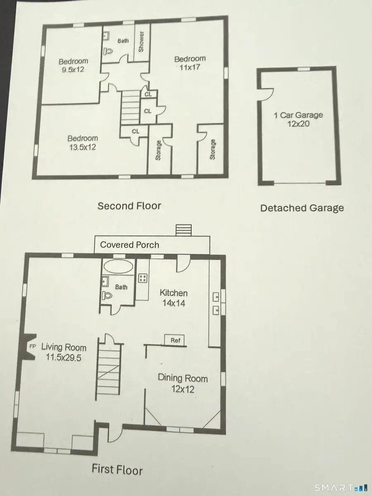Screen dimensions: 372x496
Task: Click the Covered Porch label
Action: pos(129,245)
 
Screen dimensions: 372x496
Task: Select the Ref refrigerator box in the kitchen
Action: pos(174,340)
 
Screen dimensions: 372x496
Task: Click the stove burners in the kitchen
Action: pos(143,278)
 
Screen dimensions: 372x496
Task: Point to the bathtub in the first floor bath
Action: pos(118,266)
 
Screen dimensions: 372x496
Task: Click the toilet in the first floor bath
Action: pos(107,296)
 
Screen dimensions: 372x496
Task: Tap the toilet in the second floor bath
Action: pos(108,51)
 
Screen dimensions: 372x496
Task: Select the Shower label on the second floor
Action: pos(141,41)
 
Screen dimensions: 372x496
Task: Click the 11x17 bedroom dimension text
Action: pos(189,67)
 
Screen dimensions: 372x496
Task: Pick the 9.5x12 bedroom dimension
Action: pos(73,70)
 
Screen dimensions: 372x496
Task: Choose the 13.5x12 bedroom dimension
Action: pos(82,147)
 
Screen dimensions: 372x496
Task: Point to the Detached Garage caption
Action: pos(302,208)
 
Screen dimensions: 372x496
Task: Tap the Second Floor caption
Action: pos(129,206)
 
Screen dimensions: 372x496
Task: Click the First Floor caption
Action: pos(117,470)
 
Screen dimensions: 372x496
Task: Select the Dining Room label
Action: pos(183,378)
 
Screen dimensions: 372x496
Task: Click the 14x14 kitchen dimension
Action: pos(174,303)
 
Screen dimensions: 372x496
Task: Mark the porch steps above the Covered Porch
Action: pos(184,230)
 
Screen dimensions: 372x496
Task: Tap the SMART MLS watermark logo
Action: pos(341,488)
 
